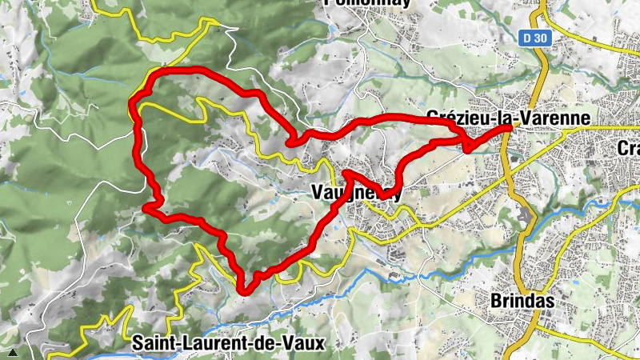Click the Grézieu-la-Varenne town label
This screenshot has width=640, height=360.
509,118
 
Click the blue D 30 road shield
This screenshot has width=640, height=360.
533,38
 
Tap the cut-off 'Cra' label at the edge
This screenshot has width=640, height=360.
629,148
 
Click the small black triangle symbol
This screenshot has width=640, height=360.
12,351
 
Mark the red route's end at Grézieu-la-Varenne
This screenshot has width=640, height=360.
509,128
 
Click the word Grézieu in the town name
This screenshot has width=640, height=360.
454,118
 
